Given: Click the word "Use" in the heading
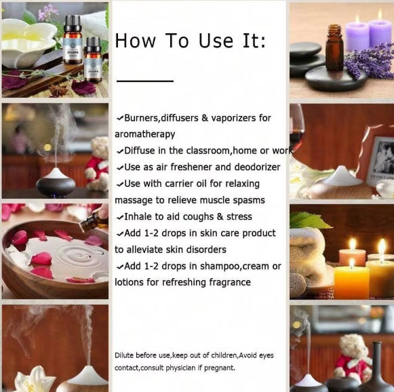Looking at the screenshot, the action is pyautogui.click(x=216, y=41).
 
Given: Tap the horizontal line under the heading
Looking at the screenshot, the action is pyautogui.click(x=145, y=81).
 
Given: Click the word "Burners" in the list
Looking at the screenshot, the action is pyautogui.click(x=141, y=117).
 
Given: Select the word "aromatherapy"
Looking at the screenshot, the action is pyautogui.click(x=144, y=134).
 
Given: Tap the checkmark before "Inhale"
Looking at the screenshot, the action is pyautogui.click(x=120, y=217).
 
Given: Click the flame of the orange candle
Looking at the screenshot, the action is pyautogui.click(x=352, y=263).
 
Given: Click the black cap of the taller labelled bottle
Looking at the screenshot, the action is pyautogui.click(x=73, y=23).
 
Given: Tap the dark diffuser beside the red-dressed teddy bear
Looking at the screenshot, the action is pyautogui.click(x=56, y=182).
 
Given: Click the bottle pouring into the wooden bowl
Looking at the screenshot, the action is pyautogui.click(x=93, y=221).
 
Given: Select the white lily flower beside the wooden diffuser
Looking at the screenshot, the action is pyautogui.click(x=33, y=379).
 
